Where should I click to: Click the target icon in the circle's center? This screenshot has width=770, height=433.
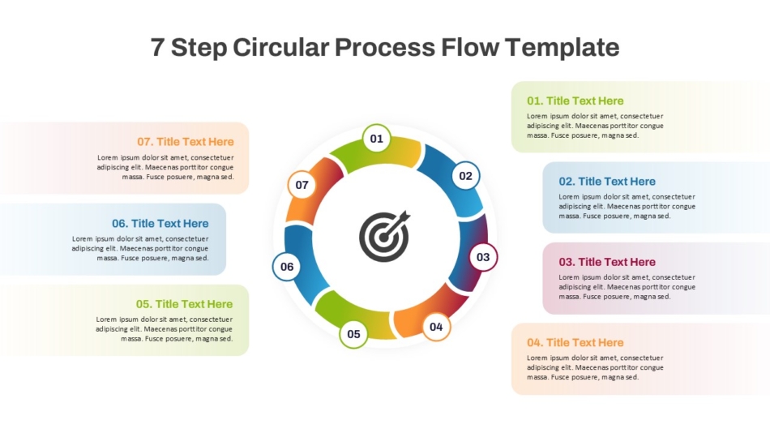[x=384, y=236]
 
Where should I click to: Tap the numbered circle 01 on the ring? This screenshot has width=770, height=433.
[x=377, y=139]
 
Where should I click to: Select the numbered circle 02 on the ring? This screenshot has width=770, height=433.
[x=465, y=175]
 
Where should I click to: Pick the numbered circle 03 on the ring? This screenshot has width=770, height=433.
[x=483, y=257]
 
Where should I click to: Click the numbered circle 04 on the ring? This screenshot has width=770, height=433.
[x=436, y=327]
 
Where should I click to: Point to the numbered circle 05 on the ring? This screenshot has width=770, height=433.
[x=353, y=334]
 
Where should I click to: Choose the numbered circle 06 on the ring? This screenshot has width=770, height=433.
[x=287, y=267]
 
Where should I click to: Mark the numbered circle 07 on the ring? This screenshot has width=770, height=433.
[x=302, y=185]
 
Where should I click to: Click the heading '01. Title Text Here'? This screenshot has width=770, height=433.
[x=575, y=101]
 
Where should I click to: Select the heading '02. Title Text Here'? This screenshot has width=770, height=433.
[x=607, y=182]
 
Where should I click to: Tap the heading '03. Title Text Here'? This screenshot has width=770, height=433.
[x=607, y=262]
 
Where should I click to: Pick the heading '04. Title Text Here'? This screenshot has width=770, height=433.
[x=575, y=342]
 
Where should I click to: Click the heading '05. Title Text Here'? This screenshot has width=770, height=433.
[x=184, y=304]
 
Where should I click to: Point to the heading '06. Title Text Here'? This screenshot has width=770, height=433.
[x=160, y=224]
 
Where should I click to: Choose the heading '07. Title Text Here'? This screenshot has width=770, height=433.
[x=185, y=142]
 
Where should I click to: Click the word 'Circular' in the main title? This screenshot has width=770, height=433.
[x=281, y=47]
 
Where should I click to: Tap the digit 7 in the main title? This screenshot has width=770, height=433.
[x=156, y=48]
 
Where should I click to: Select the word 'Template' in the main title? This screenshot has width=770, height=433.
[x=562, y=48]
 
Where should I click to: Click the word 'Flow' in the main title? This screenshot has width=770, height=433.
[x=470, y=47]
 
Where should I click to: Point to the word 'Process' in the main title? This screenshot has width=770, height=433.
[x=385, y=47]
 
